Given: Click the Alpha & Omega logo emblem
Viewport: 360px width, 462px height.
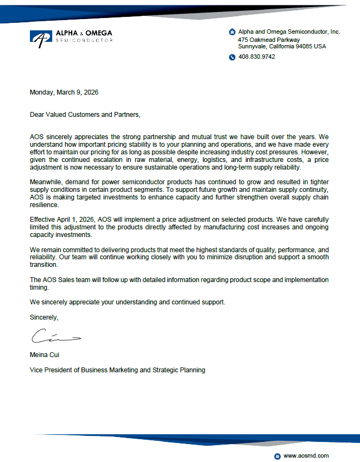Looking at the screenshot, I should click(x=41, y=38).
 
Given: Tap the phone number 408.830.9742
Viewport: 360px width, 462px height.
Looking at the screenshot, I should click(x=257, y=57).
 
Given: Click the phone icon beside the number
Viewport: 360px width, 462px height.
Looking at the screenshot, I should click(x=232, y=57).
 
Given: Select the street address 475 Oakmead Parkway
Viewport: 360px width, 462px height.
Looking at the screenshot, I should click(x=269, y=40).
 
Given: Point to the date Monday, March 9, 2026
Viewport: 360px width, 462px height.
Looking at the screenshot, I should click(x=64, y=92).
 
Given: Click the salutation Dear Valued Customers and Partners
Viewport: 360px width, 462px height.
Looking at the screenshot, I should click(x=85, y=115).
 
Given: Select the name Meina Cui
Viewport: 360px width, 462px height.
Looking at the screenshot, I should click(x=45, y=355).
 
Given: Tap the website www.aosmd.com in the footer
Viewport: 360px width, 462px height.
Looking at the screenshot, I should click(x=306, y=455).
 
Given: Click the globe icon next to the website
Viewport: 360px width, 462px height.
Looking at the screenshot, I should click(x=277, y=456).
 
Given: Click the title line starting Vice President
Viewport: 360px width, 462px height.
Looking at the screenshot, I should click(x=117, y=370).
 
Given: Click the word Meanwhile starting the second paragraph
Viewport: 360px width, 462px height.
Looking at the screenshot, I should click(x=47, y=181).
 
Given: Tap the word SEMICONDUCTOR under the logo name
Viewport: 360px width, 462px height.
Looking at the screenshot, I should click(x=85, y=41).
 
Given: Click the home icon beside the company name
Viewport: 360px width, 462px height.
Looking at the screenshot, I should click(x=232, y=32).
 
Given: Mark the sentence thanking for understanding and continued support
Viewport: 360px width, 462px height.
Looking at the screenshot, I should click(x=128, y=302).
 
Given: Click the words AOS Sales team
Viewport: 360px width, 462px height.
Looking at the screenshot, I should click(x=64, y=279).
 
